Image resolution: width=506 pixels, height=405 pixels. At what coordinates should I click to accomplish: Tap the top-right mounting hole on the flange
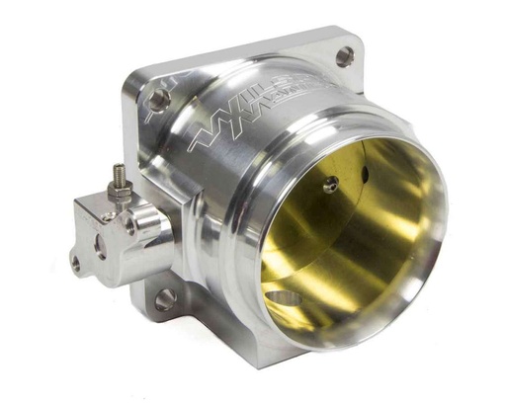344,57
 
